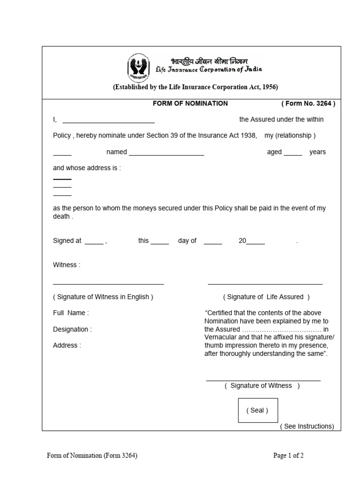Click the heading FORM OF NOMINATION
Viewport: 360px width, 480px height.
coord(190,103)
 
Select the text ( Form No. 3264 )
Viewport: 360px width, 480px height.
coord(308,104)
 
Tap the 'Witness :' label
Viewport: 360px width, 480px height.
coord(67,265)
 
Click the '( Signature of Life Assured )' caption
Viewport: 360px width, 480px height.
coord(266,297)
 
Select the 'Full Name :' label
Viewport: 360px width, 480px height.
coord(71,313)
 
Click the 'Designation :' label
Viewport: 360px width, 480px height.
coord(72,329)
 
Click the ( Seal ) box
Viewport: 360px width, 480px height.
coord(257,410)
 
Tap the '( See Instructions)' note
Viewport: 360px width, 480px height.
coord(307,426)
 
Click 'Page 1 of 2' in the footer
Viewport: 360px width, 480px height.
coord(289,455)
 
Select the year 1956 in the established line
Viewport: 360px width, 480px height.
coord(269,87)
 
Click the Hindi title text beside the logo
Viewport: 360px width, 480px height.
coord(209,61)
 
